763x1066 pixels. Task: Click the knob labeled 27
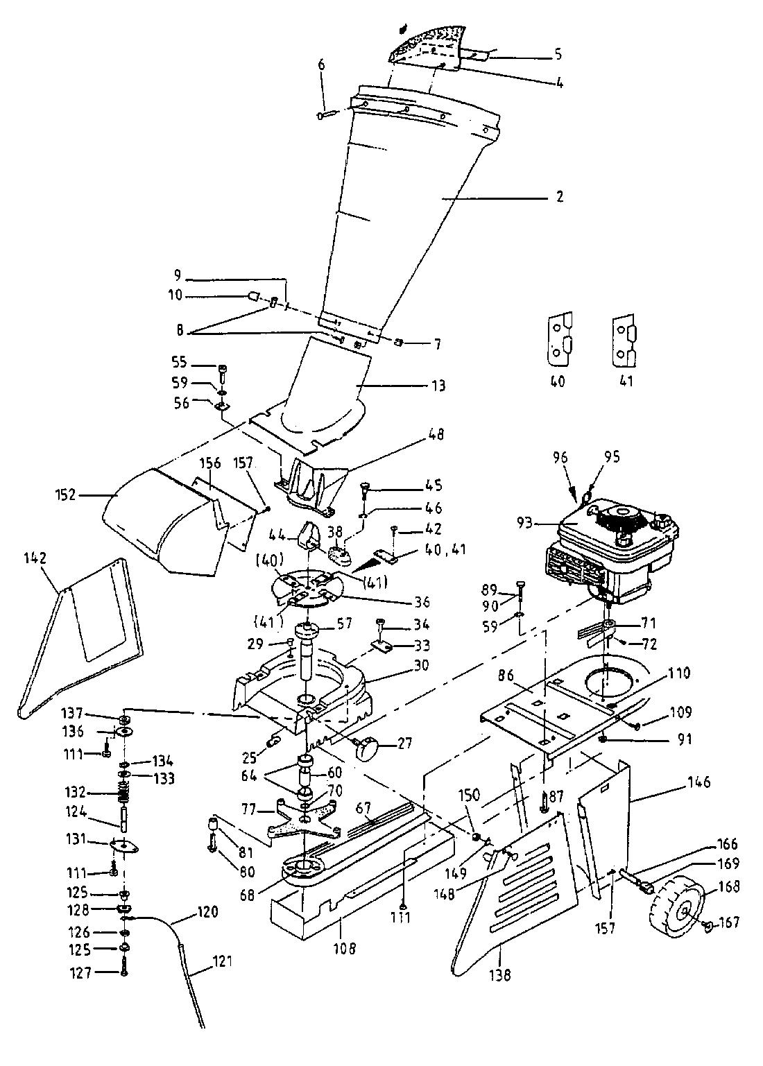366,747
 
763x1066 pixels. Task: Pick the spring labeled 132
123,791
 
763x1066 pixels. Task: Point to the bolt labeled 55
223,369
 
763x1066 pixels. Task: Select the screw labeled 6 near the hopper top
327,114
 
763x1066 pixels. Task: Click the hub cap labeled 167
708,924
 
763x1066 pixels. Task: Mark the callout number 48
436,435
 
